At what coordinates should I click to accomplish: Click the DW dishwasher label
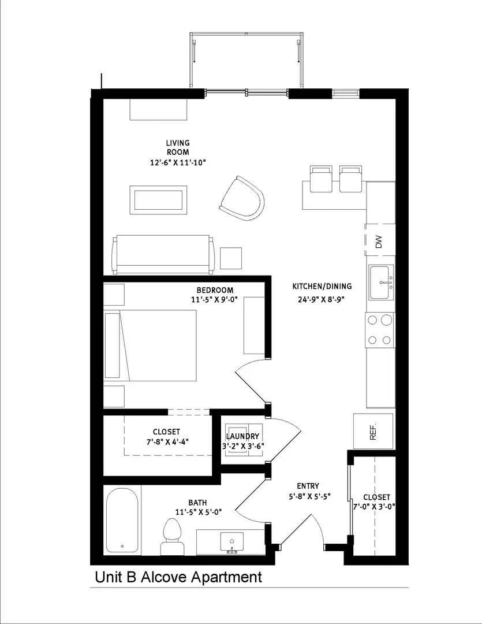[x=379, y=240]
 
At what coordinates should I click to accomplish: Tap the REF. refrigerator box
[x=373, y=431]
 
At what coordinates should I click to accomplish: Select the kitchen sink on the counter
[x=381, y=283]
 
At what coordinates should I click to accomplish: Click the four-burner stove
[x=380, y=329]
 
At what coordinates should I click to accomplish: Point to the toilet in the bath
[x=171, y=536]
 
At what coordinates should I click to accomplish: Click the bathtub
[x=122, y=520]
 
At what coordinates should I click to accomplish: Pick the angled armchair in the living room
[x=242, y=198]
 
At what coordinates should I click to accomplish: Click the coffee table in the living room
[x=159, y=200]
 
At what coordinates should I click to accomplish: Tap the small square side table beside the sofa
[x=231, y=258]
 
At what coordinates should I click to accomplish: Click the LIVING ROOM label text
[x=178, y=147]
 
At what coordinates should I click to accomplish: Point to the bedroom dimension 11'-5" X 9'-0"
[x=214, y=299]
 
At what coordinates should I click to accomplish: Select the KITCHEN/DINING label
[x=322, y=287]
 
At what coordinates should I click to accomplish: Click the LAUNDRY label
[x=243, y=436]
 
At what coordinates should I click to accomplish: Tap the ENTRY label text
[x=308, y=486]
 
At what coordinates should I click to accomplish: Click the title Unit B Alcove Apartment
[x=178, y=577]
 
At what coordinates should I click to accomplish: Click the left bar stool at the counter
[x=321, y=179]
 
